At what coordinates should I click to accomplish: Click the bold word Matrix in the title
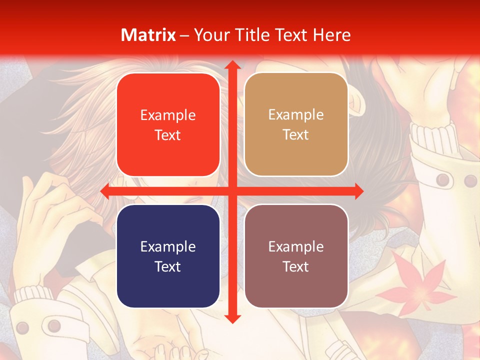[x=148, y=35]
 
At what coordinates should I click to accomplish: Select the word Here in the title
[x=332, y=35]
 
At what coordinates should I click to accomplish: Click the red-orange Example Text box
[x=168, y=125]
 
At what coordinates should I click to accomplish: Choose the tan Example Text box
[x=296, y=124]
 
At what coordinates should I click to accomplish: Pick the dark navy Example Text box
[x=168, y=256]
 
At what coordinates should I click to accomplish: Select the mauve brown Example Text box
[x=296, y=256]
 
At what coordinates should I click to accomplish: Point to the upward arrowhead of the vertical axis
[x=232, y=65]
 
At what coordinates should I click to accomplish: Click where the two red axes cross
[x=232, y=191]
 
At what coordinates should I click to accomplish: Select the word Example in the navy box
[x=168, y=246]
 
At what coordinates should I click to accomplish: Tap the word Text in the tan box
[x=296, y=134]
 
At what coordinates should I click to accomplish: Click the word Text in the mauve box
[x=296, y=266]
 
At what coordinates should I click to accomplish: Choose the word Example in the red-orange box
[x=168, y=115]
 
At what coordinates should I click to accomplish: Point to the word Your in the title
[x=210, y=35]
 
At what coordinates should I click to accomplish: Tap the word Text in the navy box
[x=168, y=266]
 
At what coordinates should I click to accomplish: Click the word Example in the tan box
[x=296, y=115]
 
